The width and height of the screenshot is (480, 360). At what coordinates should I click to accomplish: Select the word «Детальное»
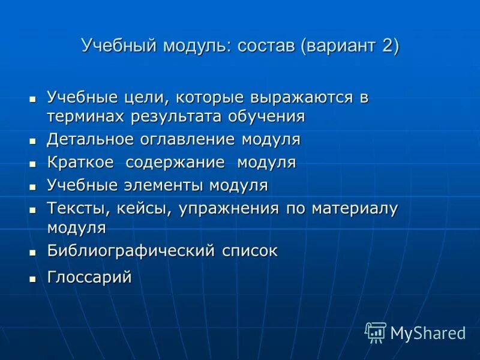pyautogui.click(x=90, y=140)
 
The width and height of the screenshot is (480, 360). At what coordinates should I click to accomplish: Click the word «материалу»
pyautogui.click(x=354, y=208)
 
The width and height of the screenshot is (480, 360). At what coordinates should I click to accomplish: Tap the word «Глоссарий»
pyautogui.click(x=89, y=278)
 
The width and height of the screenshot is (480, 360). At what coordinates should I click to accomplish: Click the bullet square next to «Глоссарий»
pyautogui.click(x=33, y=278)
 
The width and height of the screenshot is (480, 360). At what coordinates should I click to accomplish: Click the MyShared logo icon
pyautogui.click(x=376, y=332)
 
